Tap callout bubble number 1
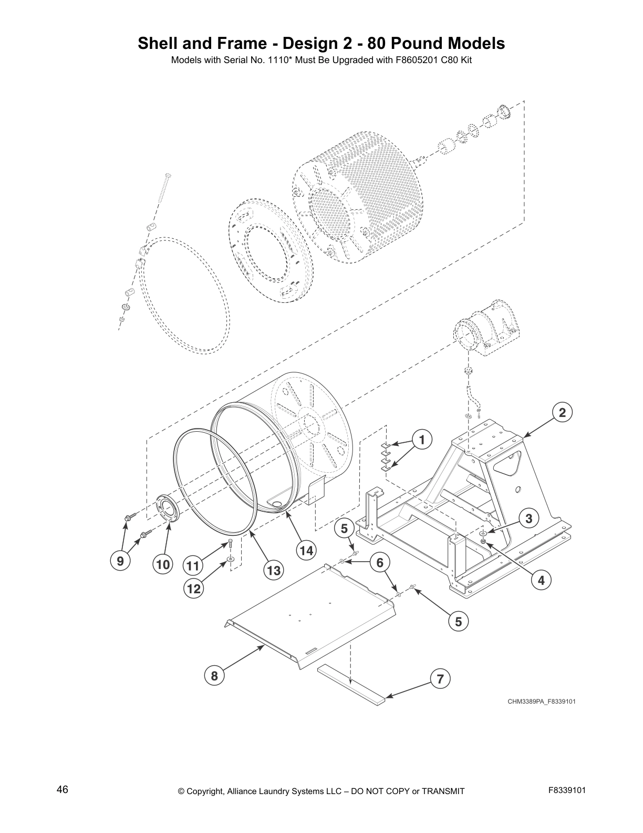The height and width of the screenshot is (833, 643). (421, 439)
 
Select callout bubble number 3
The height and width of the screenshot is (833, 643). (528, 519)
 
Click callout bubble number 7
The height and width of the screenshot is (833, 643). (440, 679)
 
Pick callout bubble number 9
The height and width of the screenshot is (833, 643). (120, 562)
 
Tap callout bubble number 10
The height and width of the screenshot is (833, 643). (163, 565)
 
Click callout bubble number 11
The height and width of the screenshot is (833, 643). (193, 566)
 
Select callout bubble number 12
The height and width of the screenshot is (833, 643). (194, 589)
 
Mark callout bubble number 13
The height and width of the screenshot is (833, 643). (274, 570)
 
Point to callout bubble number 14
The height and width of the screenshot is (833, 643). (306, 551)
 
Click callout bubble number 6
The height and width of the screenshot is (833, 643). (380, 563)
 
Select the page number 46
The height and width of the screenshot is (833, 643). (63, 790)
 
